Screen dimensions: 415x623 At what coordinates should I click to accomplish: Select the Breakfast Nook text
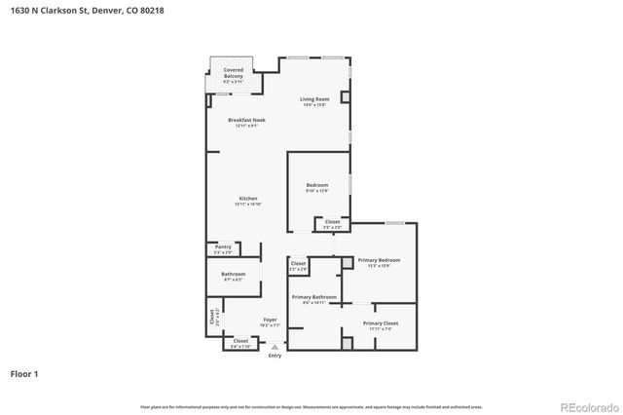246,120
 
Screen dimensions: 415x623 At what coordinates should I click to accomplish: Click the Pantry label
223,247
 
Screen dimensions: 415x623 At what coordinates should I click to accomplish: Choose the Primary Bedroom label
379,260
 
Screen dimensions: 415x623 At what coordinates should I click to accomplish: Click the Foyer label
271,320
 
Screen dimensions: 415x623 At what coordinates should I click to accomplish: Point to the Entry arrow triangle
275,346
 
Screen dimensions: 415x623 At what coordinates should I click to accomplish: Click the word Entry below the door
275,355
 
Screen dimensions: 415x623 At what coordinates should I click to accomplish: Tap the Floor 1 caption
24,373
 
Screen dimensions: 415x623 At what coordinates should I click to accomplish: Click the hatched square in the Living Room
344,95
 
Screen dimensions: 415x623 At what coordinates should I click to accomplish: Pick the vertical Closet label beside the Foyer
212,317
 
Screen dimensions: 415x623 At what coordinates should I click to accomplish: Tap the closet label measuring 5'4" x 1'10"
240,342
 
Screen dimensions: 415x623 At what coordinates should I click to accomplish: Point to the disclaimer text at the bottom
311,406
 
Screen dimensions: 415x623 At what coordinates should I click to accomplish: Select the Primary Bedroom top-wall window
393,223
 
